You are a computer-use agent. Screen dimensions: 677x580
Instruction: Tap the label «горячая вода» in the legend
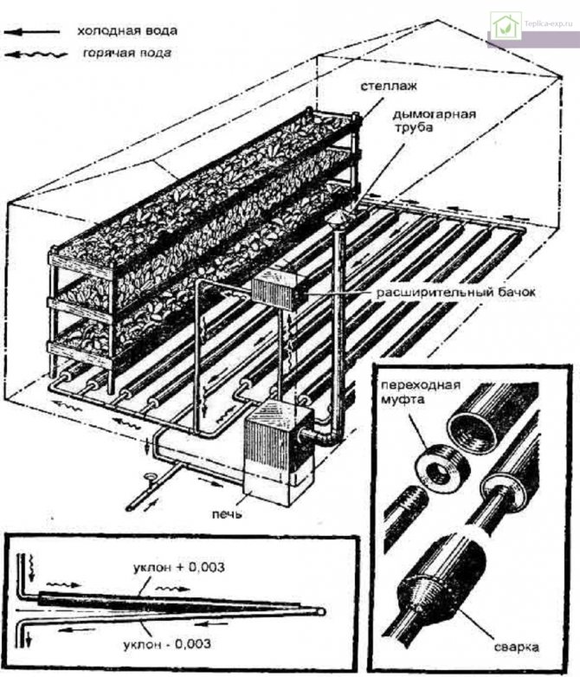click(x=127, y=53)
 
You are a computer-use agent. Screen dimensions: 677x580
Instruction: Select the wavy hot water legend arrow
click(x=35, y=55)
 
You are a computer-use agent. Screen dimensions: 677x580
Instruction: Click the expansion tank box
click(x=279, y=289)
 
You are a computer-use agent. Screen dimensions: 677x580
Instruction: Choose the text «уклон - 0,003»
click(x=171, y=644)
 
